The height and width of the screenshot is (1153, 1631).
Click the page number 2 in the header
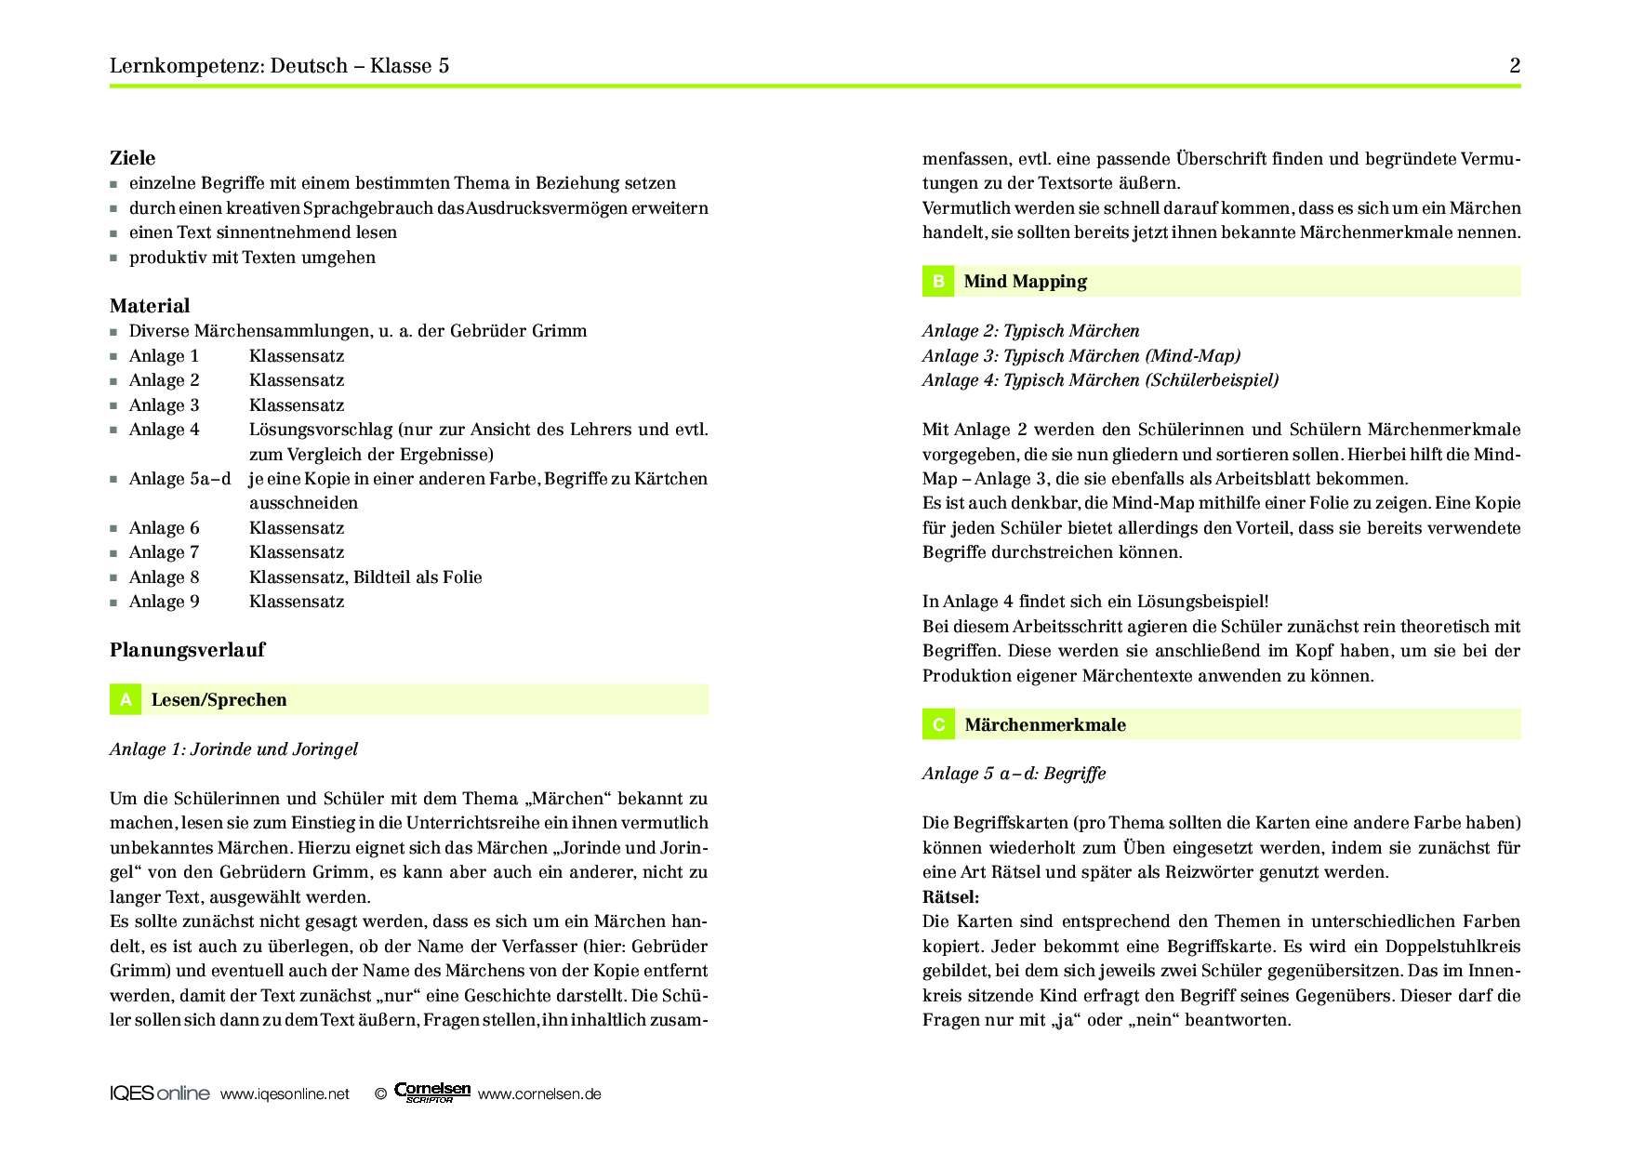click(1515, 65)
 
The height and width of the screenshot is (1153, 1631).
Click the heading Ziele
click(133, 158)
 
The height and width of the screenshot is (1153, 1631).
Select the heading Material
click(150, 306)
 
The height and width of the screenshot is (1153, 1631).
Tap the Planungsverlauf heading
click(187, 650)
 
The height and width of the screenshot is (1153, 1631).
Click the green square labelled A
click(126, 700)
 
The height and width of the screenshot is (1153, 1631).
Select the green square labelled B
click(938, 282)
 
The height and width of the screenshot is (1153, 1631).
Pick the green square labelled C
click(938, 725)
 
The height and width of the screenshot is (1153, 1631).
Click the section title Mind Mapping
click(1025, 282)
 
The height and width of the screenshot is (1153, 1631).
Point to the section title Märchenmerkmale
click(1044, 725)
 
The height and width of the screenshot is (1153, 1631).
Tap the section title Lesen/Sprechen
click(219, 700)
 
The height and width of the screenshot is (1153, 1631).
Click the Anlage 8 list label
click(164, 577)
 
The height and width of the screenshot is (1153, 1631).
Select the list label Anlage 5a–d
click(179, 479)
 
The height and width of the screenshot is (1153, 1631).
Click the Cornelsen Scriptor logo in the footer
click(432, 1093)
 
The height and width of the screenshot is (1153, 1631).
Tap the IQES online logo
click(159, 1093)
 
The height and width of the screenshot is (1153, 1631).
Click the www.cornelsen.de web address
click(539, 1094)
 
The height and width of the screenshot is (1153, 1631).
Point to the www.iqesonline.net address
click(285, 1094)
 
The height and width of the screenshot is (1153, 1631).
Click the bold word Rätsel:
click(950, 897)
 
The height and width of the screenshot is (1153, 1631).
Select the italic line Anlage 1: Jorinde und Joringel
click(233, 749)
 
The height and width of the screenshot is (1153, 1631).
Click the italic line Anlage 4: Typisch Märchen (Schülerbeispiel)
click(1100, 380)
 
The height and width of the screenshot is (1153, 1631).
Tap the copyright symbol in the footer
click(380, 1094)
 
